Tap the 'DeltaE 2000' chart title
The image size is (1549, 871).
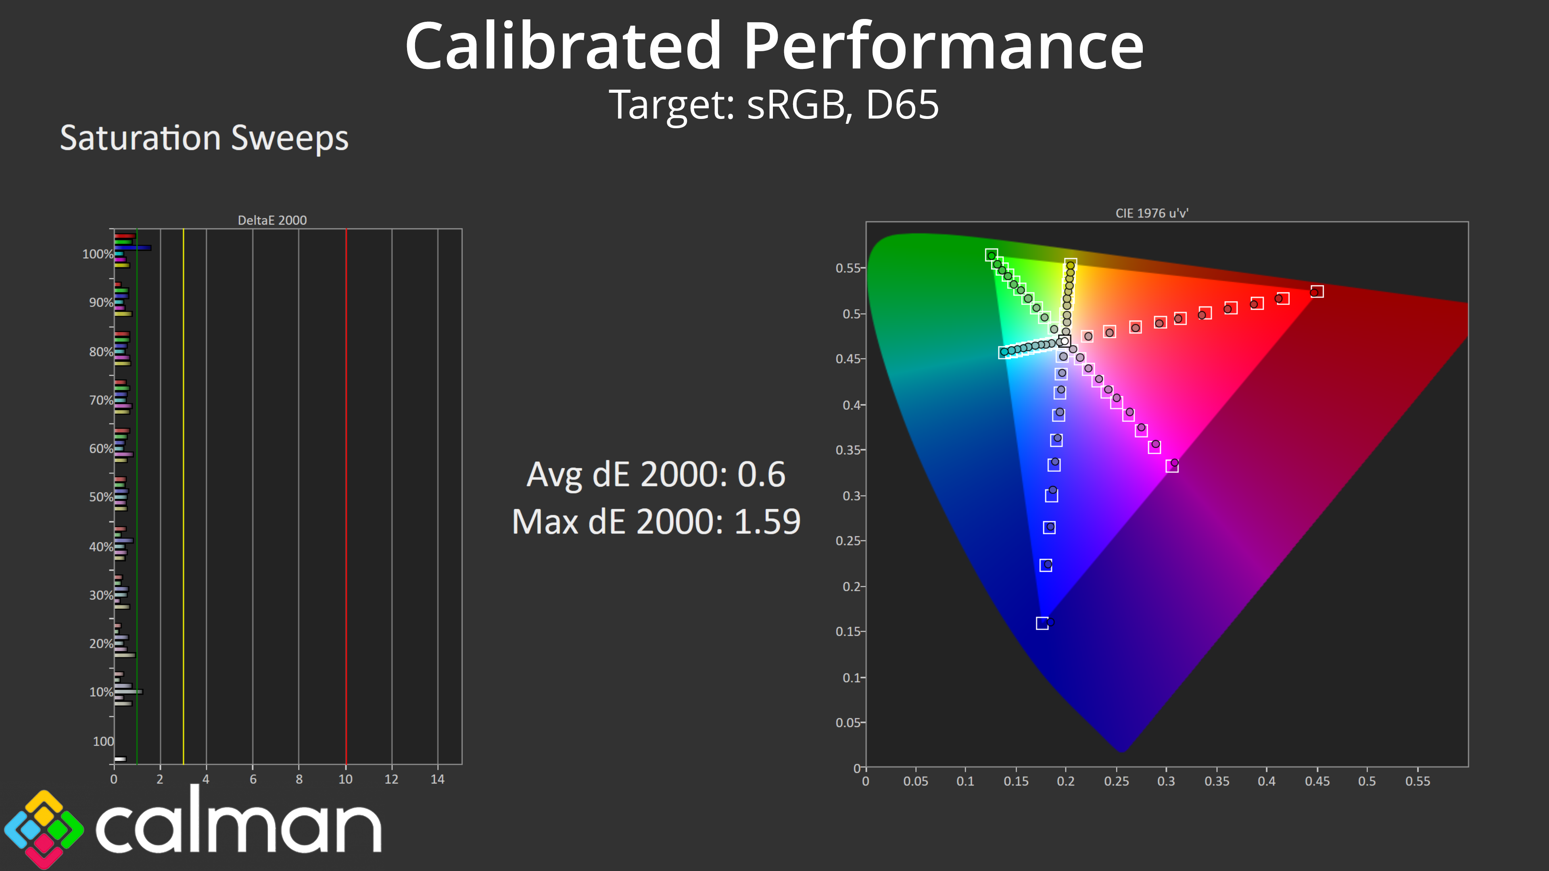click(272, 220)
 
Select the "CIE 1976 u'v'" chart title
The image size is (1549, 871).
click(1152, 213)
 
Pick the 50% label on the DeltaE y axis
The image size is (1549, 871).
click(101, 497)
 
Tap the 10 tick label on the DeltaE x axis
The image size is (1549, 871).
click(345, 779)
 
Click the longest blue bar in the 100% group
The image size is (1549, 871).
click(133, 248)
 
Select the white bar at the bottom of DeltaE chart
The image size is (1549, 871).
click(120, 758)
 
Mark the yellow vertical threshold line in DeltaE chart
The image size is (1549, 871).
click(184, 496)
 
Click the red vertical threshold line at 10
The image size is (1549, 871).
click(346, 496)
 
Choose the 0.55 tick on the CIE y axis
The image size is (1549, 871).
click(848, 268)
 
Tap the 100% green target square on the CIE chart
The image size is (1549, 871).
click(992, 255)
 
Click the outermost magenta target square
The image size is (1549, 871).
click(1172, 466)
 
